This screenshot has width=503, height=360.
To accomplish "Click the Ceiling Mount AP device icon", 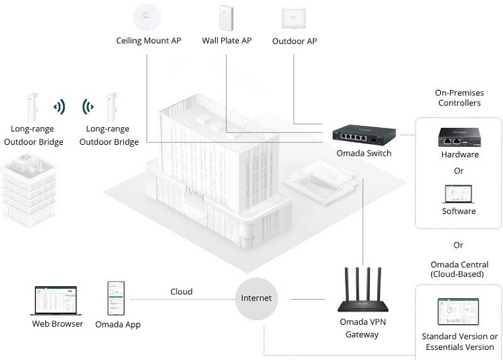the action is (x=147, y=17).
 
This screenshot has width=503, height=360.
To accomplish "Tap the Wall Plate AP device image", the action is (x=226, y=18).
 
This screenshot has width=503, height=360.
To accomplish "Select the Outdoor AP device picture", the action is (x=293, y=18).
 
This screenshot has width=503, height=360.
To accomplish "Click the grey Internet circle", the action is (x=256, y=298).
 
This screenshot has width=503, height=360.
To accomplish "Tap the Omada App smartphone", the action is (x=116, y=298).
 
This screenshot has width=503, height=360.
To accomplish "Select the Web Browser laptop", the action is (x=56, y=300).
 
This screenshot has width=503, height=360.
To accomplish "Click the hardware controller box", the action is (x=459, y=137).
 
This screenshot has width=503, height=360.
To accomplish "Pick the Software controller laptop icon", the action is (x=459, y=194).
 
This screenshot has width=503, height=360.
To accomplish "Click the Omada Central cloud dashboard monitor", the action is (x=458, y=311).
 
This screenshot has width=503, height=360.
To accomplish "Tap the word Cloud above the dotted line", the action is (x=182, y=292).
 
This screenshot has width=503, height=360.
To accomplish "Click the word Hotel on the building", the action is (x=195, y=194).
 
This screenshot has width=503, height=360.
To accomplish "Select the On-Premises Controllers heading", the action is (x=459, y=98).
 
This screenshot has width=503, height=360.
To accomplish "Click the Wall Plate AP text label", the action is (x=226, y=41).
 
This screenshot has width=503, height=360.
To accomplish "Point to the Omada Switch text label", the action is (x=364, y=153).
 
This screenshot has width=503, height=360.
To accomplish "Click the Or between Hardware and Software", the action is (x=459, y=171).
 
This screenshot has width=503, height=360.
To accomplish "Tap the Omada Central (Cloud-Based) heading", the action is (x=459, y=269).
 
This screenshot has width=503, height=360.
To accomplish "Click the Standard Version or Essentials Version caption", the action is (x=460, y=342).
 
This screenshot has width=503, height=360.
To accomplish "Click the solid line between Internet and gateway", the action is (x=308, y=299).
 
